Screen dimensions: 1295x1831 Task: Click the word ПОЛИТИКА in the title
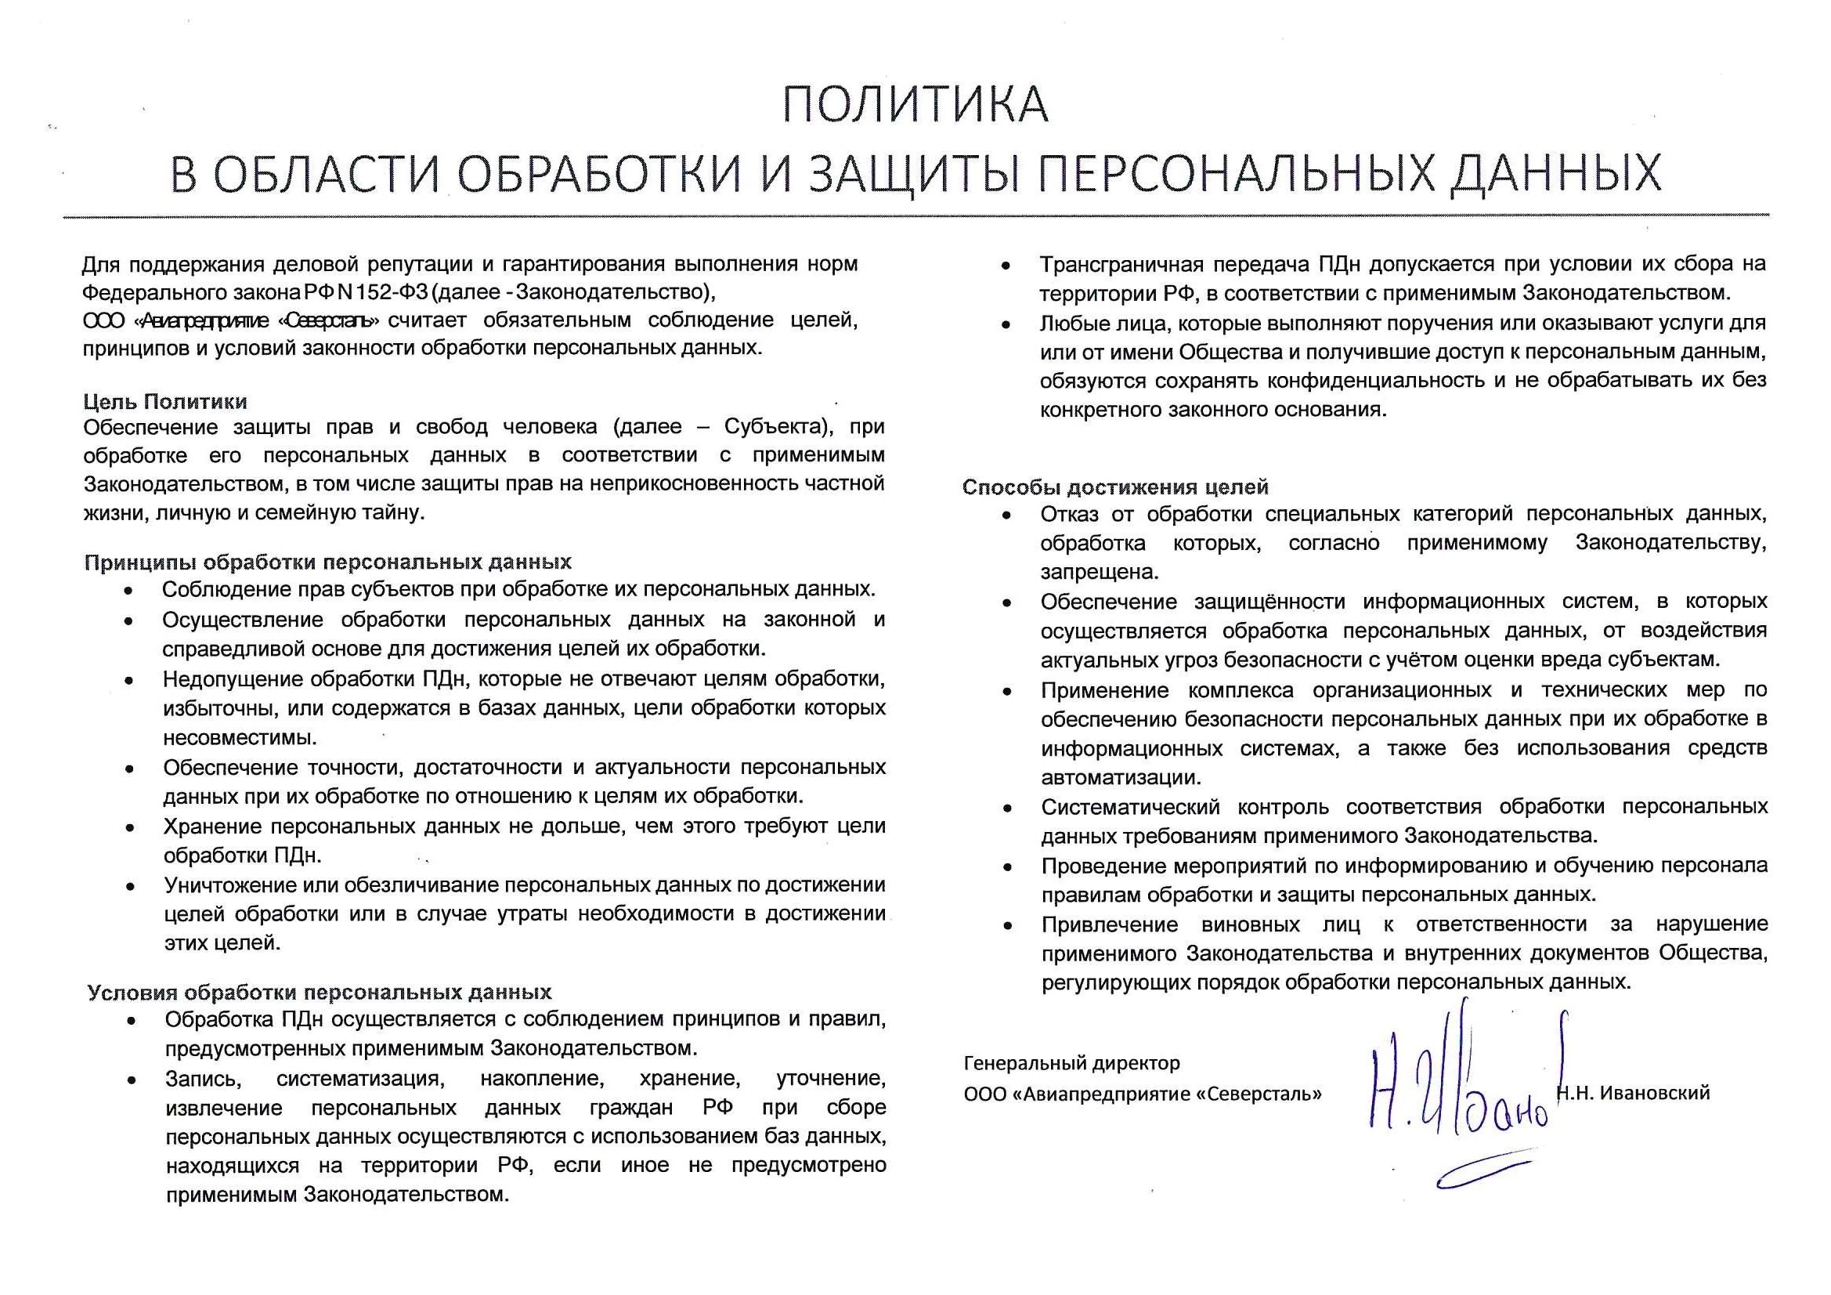(x=915, y=104)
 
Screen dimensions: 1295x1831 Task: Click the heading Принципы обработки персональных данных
(x=328, y=562)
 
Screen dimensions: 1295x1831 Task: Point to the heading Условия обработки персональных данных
(x=319, y=992)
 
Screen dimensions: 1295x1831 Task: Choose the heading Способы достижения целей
(x=1115, y=487)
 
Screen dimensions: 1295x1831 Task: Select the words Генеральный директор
(x=1071, y=1063)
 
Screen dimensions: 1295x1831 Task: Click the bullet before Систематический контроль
(x=1008, y=808)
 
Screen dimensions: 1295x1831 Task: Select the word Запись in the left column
(x=202, y=1079)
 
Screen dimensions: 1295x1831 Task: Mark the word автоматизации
(x=1121, y=777)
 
